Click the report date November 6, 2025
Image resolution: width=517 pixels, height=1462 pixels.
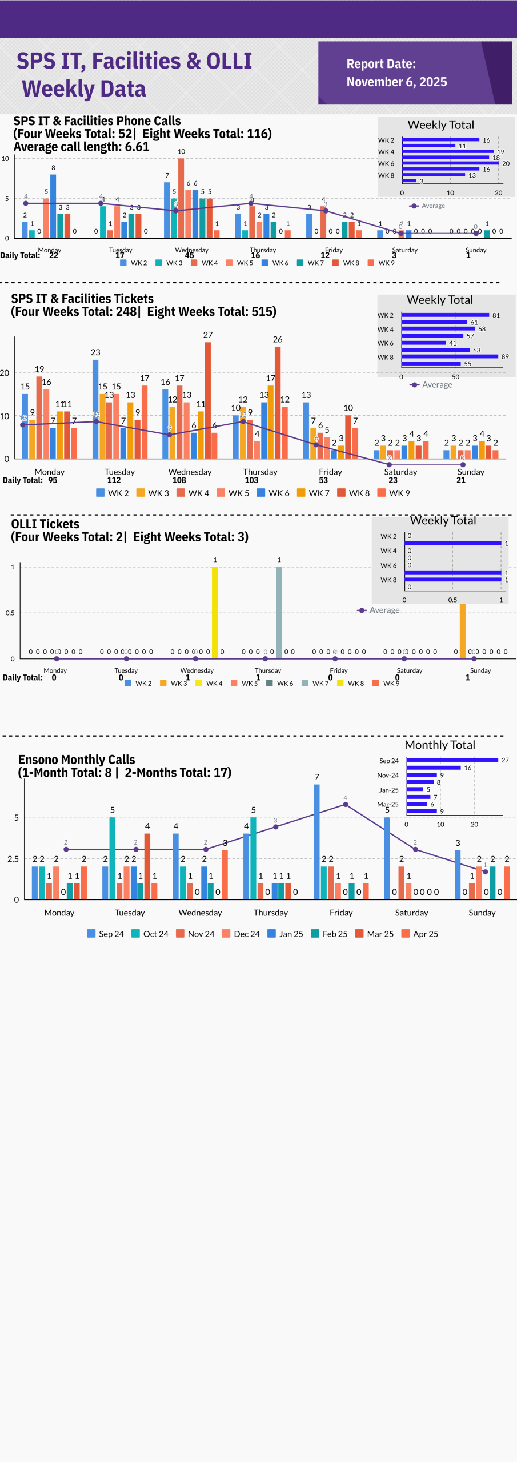tap(396, 82)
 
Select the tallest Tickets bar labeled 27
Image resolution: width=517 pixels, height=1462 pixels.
tap(208, 400)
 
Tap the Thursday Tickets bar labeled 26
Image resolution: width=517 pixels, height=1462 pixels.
tap(278, 402)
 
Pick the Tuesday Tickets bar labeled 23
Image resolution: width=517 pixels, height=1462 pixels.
tap(95, 408)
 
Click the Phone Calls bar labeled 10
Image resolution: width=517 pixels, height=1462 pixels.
tap(181, 198)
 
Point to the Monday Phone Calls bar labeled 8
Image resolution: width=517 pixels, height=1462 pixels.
tap(53, 206)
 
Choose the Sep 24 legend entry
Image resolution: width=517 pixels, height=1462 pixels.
tap(106, 934)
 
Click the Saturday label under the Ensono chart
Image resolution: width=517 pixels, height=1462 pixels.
tap(411, 913)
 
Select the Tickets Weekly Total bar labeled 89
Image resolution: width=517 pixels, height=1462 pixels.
tap(450, 356)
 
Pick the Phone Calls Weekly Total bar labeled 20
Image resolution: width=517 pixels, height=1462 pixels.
tap(451, 163)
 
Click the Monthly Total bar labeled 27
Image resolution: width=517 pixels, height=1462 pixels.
tap(452, 760)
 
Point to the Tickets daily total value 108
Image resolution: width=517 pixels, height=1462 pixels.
tap(179, 480)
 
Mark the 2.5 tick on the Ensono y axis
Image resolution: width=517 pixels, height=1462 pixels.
tap(13, 859)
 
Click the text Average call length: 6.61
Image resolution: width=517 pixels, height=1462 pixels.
tap(81, 147)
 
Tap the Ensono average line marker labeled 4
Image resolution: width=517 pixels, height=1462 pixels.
tap(346, 805)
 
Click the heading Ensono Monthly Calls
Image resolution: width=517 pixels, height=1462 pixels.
tap(77, 760)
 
